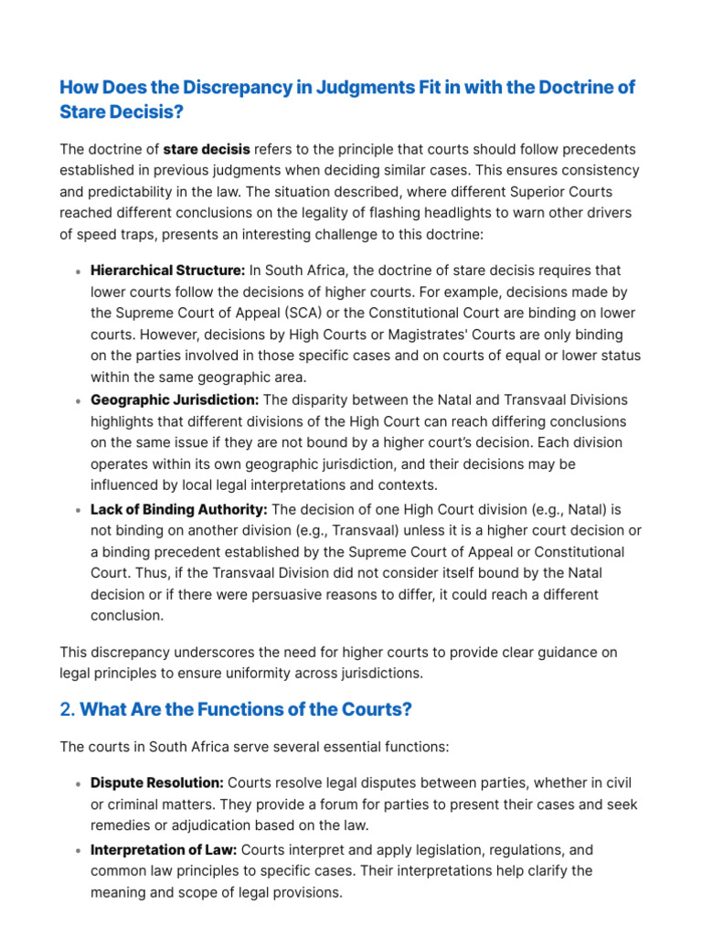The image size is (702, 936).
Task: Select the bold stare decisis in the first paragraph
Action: pyautogui.click(x=206, y=149)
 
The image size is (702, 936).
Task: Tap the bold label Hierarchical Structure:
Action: pyautogui.click(x=167, y=271)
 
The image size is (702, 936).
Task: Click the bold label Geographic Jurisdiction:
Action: pyautogui.click(x=175, y=400)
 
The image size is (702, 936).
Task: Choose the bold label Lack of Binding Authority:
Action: pyautogui.click(x=179, y=509)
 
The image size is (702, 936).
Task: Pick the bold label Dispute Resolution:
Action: pyautogui.click(x=157, y=783)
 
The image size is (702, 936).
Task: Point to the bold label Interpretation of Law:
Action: pyautogui.click(x=164, y=849)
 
